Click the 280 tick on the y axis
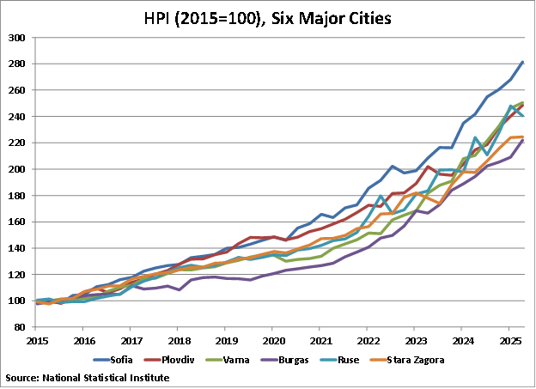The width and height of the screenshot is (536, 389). [15, 64]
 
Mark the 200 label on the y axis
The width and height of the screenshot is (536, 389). [15, 169]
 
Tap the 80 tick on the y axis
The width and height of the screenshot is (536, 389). [18, 327]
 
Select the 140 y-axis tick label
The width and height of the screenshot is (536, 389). [15, 248]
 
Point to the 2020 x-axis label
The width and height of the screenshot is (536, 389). [272, 341]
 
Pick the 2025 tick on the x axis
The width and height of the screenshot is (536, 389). [509, 341]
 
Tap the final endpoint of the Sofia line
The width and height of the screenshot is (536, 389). [522, 63]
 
